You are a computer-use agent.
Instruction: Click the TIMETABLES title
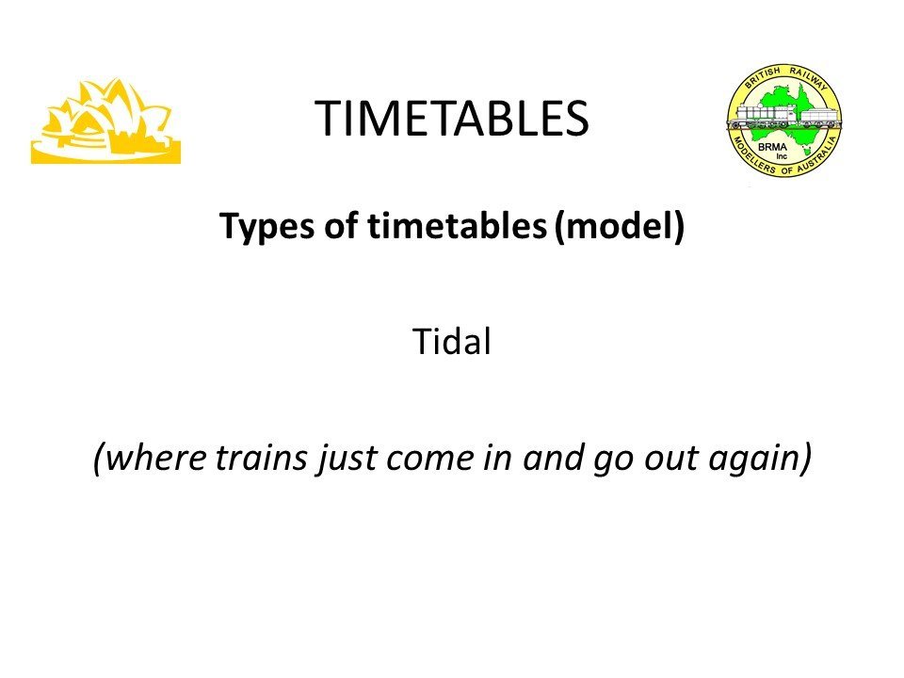tap(452, 118)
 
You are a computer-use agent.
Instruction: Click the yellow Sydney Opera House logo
tap(106, 121)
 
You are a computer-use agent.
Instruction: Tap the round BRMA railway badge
tap(783, 120)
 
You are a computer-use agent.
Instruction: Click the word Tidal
tap(452, 341)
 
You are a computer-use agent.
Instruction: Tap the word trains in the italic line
tap(261, 458)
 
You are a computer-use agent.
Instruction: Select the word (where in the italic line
tap(150, 459)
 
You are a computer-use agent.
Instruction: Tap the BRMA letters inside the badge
tap(772, 147)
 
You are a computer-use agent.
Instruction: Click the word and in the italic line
tap(552, 458)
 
